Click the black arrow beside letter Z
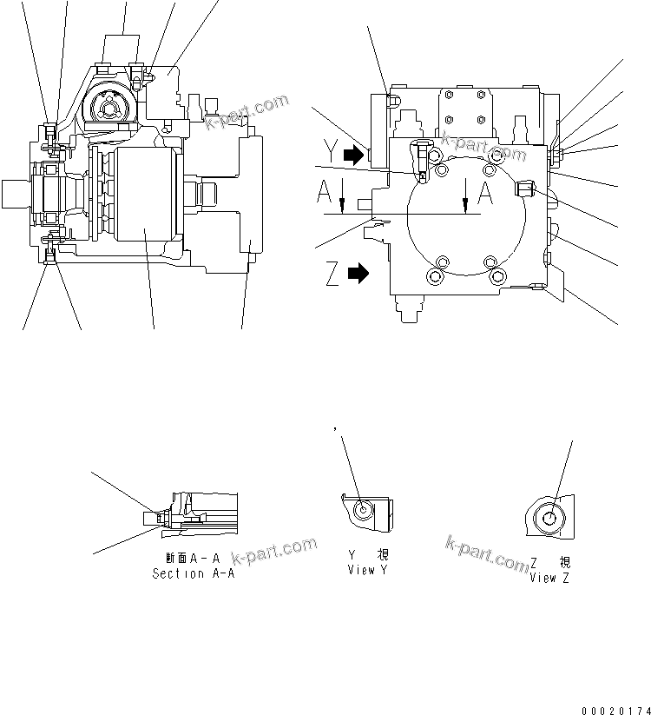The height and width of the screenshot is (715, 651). (x=357, y=275)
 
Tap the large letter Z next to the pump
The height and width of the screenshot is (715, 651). (x=331, y=275)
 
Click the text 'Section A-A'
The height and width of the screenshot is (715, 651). (x=190, y=574)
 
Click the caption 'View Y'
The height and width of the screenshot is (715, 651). (x=361, y=570)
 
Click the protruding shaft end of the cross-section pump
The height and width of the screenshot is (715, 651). (x=17, y=192)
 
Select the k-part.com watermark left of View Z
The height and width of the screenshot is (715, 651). (x=485, y=553)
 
